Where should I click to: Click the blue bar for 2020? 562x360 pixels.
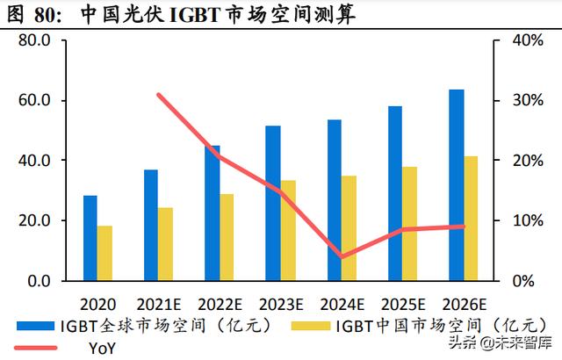[x=90, y=238]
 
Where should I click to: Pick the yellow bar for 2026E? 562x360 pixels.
[x=472, y=218]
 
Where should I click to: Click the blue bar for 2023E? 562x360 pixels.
[x=273, y=203]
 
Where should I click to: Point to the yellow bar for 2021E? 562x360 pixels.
[x=166, y=244]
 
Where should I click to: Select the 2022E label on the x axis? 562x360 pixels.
[x=220, y=304]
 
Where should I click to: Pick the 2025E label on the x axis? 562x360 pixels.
[x=403, y=304]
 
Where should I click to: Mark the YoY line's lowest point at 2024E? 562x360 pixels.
[x=341, y=256]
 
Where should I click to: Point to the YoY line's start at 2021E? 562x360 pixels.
[x=158, y=95]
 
